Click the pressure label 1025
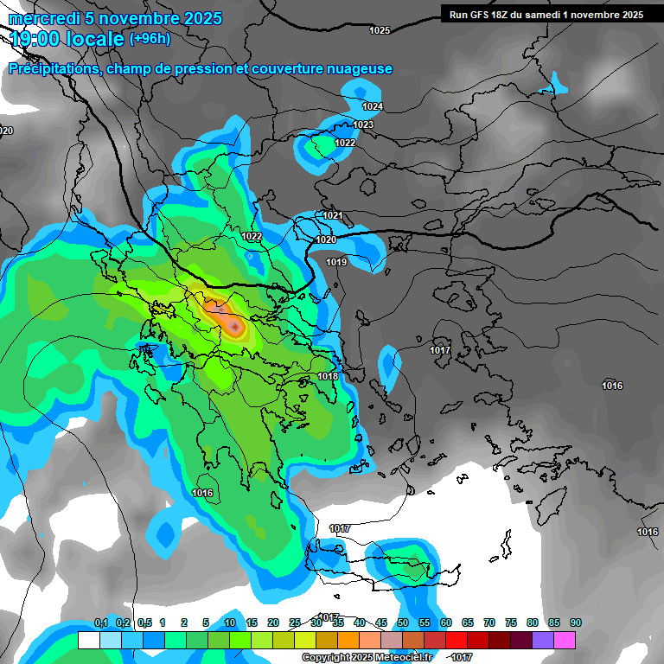(380, 30)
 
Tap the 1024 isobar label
(373, 106)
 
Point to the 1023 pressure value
(363, 124)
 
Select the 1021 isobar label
(333, 215)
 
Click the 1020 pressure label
(326, 239)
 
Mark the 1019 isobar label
(336, 262)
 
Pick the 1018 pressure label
(328, 376)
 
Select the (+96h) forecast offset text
(150, 39)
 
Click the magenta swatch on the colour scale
(565, 640)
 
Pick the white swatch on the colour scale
(88, 640)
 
